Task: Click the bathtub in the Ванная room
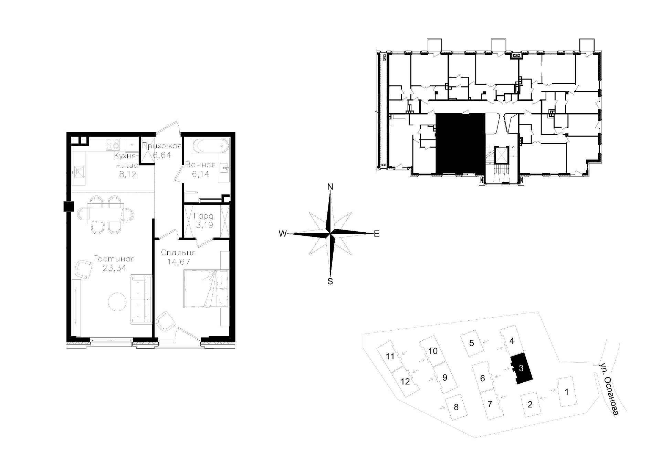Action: (210, 146)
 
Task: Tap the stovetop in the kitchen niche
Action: (113, 144)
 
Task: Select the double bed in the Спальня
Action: (206, 288)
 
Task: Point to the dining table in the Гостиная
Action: (105, 214)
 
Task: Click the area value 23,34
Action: (114, 268)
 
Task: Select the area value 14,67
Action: (179, 262)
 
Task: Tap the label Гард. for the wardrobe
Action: (204, 217)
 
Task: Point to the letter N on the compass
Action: (330, 187)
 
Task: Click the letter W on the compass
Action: (283, 234)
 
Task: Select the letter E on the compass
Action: (377, 234)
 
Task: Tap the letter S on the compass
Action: (330, 282)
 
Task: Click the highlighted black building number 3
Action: (521, 368)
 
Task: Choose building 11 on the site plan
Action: (390, 356)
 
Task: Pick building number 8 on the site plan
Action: (456, 407)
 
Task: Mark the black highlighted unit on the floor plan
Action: (460, 143)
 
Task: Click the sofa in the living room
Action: (141, 299)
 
